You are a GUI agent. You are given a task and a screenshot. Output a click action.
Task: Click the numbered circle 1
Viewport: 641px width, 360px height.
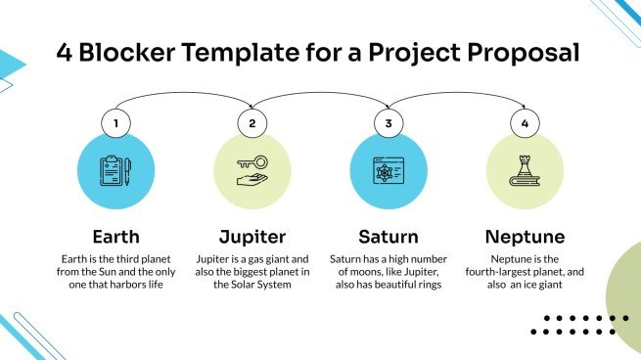[x=116, y=124]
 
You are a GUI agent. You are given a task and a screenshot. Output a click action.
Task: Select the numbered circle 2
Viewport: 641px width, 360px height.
[x=252, y=124]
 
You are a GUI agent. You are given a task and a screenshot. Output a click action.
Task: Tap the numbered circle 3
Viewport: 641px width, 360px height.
[x=389, y=124]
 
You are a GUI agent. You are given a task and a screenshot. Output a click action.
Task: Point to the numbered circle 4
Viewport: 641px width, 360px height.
[x=525, y=124]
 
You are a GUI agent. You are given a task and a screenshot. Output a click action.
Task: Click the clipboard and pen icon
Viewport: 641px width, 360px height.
[x=116, y=170]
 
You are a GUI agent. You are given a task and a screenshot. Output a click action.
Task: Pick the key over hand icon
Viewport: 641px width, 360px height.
[x=252, y=170]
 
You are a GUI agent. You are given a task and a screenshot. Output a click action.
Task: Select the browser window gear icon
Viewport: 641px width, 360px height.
[x=389, y=170]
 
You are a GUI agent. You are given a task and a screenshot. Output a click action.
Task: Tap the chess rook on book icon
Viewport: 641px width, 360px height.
[x=525, y=170]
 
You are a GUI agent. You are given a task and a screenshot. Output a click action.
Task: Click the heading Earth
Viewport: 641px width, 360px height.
[x=115, y=237]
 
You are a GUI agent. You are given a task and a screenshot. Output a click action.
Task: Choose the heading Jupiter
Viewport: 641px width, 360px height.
[x=252, y=237]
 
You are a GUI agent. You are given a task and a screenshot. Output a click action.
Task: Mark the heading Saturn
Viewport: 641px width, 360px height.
[x=388, y=237]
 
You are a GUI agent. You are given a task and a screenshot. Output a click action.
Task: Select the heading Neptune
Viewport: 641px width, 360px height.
[x=524, y=237]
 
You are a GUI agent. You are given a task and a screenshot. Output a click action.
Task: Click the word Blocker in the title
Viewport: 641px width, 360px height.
[x=121, y=52]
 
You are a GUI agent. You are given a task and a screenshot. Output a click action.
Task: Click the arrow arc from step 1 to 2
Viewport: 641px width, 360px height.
[x=184, y=95]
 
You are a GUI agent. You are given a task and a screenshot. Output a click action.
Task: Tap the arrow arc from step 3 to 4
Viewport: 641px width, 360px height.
[x=456, y=95]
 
